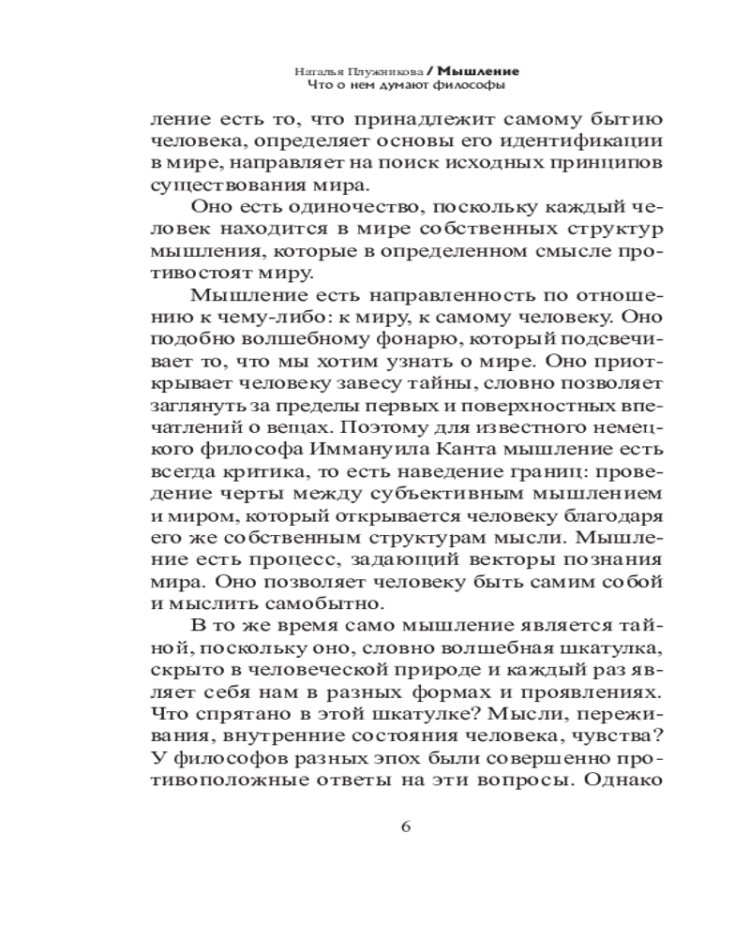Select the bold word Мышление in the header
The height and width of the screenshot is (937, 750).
(x=484, y=70)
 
